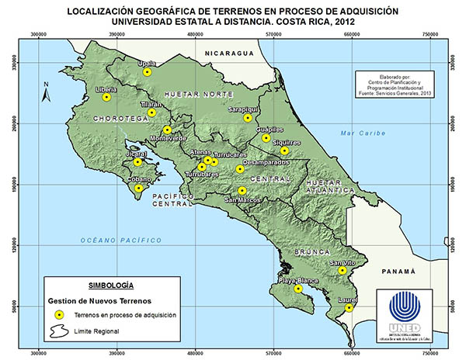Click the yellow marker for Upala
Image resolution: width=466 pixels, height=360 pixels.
point(147,72)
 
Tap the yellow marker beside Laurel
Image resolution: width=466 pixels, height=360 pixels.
point(349,307)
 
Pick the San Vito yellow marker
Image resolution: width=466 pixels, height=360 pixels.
point(342,271)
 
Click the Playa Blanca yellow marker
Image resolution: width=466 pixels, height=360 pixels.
point(298,289)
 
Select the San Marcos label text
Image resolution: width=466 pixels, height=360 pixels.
point(243,199)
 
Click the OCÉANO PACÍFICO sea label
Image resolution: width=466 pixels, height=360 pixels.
point(115,241)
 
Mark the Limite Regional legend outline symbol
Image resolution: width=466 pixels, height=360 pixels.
point(58,331)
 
